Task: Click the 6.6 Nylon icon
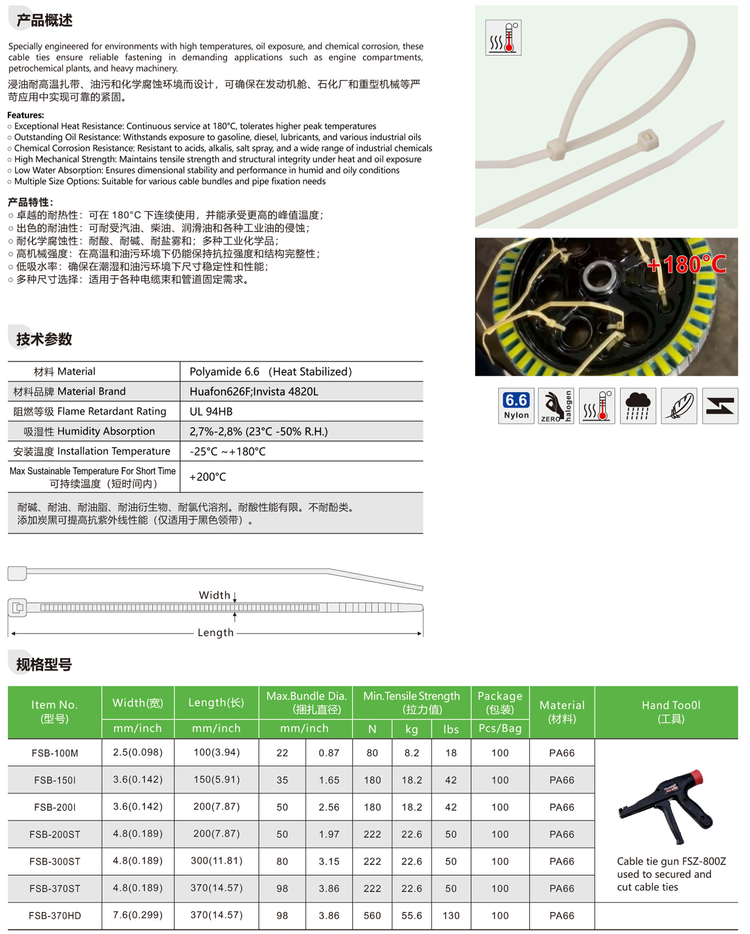tap(516, 406)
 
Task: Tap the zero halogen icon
tap(556, 406)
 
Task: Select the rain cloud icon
tap(637, 406)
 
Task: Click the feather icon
tap(679, 406)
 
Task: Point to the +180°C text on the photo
tap(687, 264)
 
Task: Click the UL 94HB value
tap(211, 412)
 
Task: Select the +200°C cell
tap(208, 477)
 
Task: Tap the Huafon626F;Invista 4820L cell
tap(254, 392)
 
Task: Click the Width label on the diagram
tap(214, 595)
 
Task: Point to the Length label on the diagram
tap(215, 632)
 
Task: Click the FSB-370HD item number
tap(55, 916)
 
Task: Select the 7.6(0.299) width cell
tap(138, 915)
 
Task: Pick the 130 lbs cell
tap(451, 916)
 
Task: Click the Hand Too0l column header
tap(671, 712)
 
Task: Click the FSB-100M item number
tap(55, 753)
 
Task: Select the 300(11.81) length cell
tap(216, 861)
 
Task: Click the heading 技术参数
tap(44, 339)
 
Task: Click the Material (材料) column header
tap(562, 712)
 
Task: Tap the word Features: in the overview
tap(26, 115)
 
